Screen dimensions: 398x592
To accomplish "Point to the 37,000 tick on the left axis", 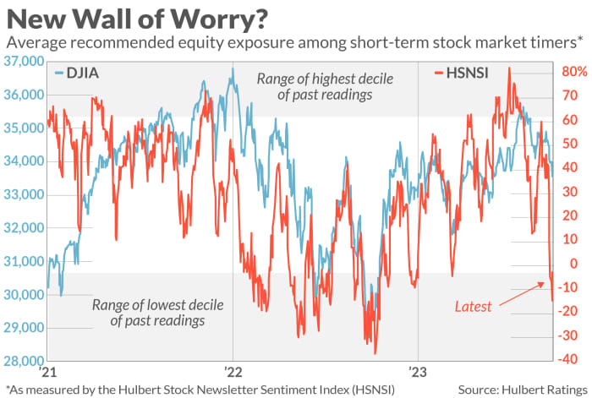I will (x=23, y=62).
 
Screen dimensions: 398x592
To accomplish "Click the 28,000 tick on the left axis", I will (x=23, y=362).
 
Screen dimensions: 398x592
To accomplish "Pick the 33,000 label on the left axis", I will (x=23, y=195).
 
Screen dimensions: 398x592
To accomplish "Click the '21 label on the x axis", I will (x=47, y=372).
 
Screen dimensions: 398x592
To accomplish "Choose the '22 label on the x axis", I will (x=233, y=372).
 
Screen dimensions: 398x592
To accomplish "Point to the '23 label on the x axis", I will (x=418, y=372).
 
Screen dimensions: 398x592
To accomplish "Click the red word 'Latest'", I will (x=472, y=307).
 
